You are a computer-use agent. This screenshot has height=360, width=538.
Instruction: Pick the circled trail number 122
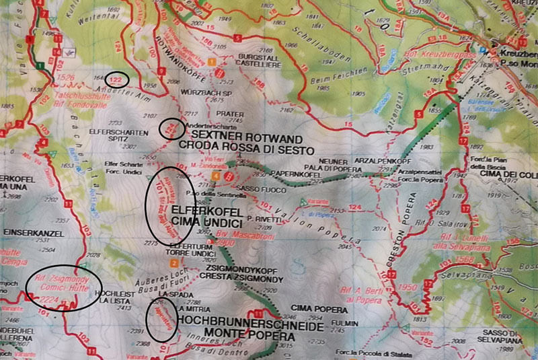click(118, 80)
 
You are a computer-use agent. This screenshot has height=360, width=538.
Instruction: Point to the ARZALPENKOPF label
click(374, 162)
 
